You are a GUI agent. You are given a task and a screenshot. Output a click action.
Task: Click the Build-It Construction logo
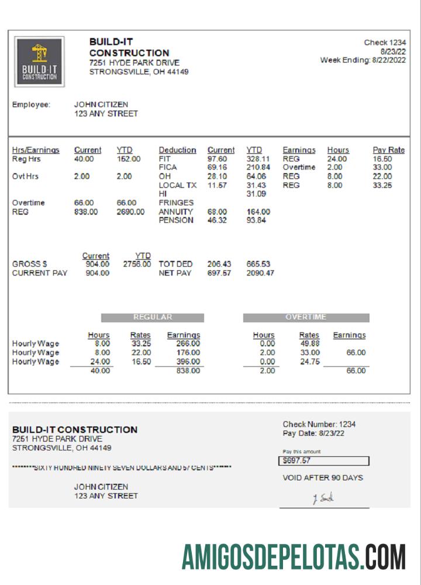tap(40, 62)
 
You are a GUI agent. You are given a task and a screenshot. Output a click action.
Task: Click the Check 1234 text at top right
tap(385, 43)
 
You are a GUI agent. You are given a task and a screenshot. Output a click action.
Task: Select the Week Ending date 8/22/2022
tap(389, 60)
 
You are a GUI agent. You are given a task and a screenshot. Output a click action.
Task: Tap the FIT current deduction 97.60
tap(217, 159)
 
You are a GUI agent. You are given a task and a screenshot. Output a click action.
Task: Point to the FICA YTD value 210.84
tap(258, 167)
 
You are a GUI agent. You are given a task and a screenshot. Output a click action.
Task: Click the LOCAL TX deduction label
tap(177, 185)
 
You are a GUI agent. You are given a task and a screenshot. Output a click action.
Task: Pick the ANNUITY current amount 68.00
tap(217, 212)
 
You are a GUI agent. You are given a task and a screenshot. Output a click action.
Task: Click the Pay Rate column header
tap(388, 150)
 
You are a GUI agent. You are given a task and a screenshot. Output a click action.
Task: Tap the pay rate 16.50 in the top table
tap(382, 159)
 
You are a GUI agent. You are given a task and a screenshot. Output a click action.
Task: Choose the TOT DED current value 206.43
tap(219, 264)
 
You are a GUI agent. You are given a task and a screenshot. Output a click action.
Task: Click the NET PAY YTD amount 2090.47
tap(260, 273)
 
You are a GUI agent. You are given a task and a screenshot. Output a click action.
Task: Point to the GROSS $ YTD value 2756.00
tap(137, 264)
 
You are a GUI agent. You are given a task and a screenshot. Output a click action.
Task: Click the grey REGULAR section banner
tap(153, 318)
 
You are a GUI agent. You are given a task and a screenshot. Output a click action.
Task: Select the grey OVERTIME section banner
tap(306, 318)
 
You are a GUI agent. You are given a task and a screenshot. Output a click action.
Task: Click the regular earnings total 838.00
tap(188, 371)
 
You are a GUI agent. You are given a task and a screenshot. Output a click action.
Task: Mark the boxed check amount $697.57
tap(323, 461)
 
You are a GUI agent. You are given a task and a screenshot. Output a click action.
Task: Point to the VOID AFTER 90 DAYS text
tap(323, 478)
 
